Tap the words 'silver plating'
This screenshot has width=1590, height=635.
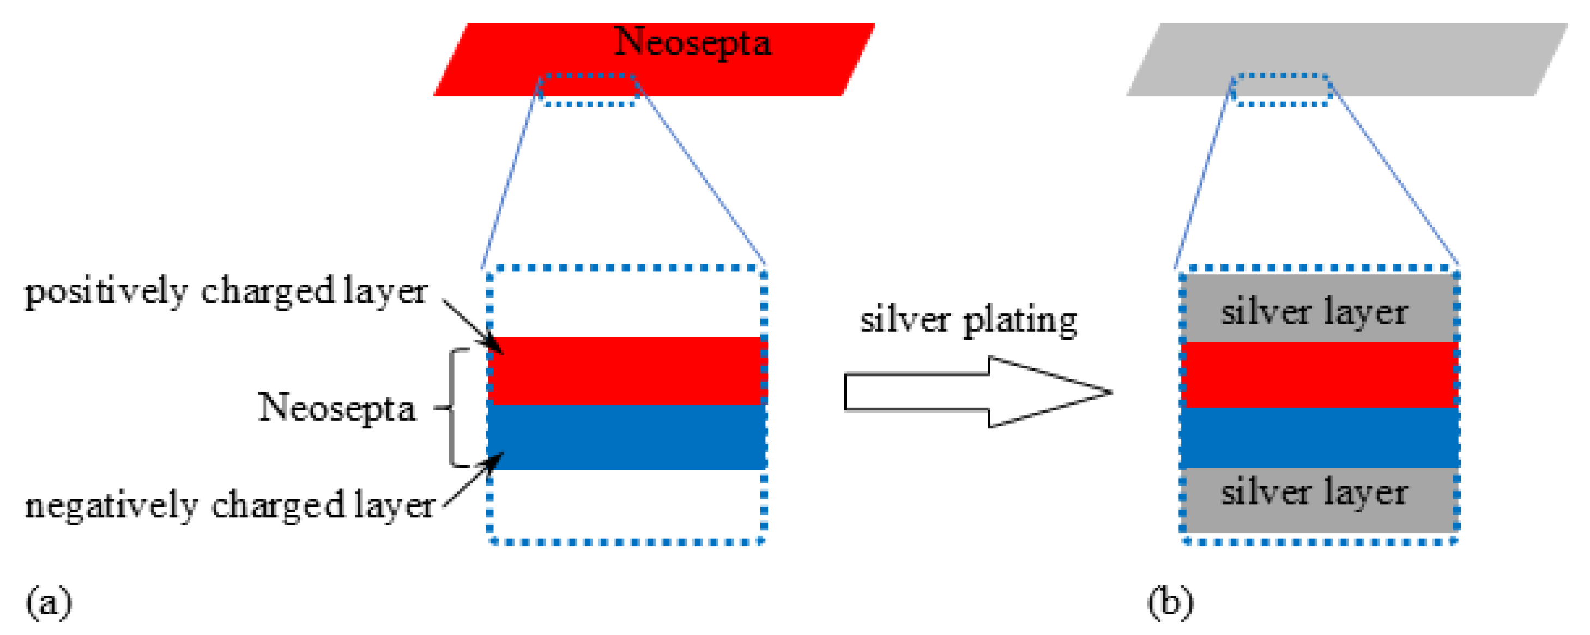(x=969, y=321)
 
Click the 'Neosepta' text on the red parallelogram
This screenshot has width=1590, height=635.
(x=693, y=43)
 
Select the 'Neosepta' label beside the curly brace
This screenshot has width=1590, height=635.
(x=337, y=408)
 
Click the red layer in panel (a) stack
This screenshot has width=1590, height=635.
(x=626, y=370)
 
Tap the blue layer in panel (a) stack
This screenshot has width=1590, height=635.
(x=626, y=437)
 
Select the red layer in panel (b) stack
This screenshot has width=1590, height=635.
(x=1319, y=374)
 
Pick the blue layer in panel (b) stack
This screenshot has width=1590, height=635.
(x=1319, y=437)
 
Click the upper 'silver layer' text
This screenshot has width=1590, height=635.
(x=1315, y=312)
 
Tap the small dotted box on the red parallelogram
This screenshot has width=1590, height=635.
(x=588, y=90)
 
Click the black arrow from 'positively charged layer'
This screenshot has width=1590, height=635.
(x=472, y=326)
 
